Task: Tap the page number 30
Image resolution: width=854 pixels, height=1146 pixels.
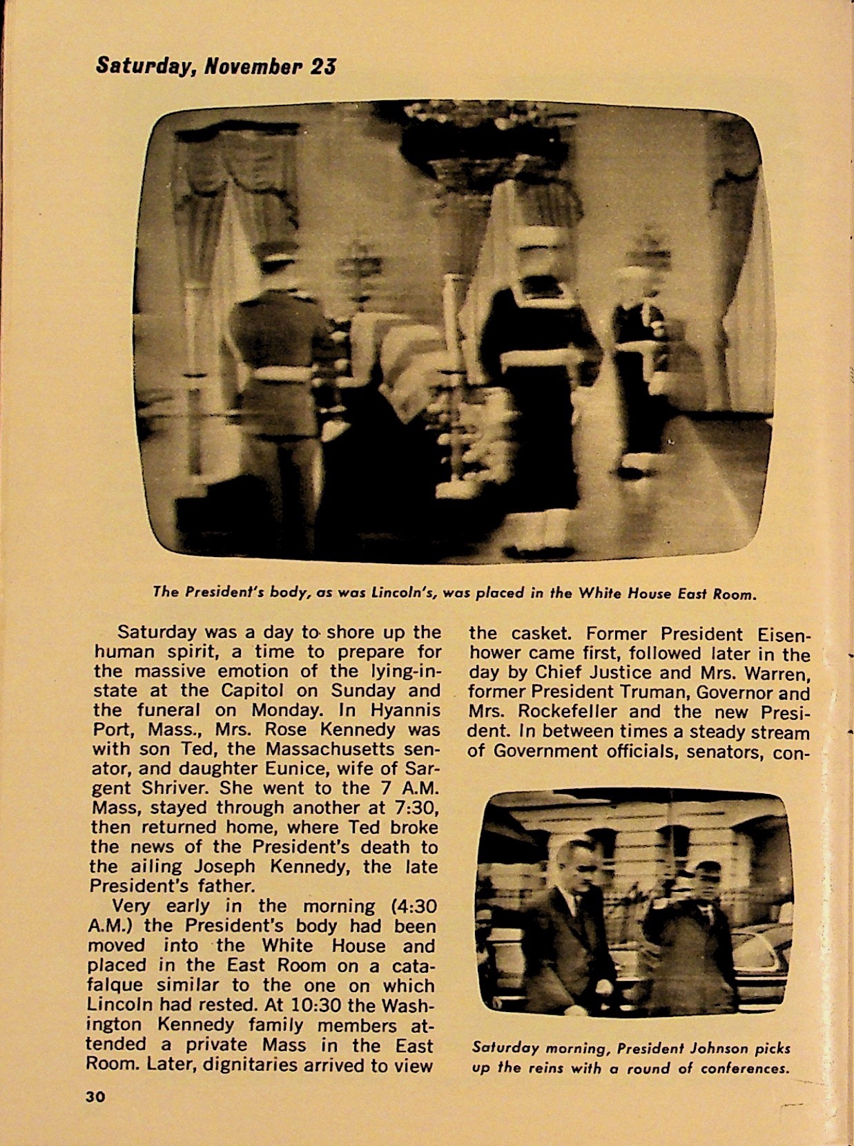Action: [95, 1096]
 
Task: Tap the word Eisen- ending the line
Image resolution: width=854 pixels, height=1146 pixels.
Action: [774, 634]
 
